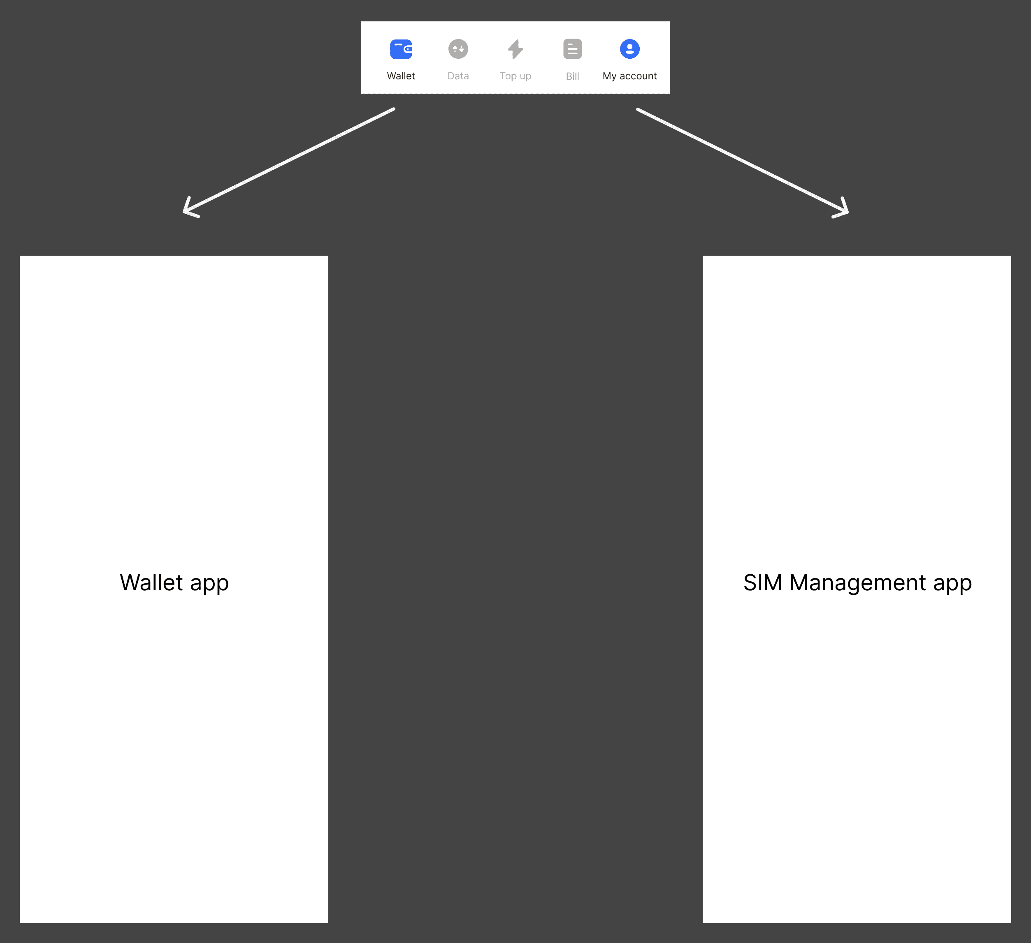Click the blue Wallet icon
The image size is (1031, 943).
[x=401, y=49]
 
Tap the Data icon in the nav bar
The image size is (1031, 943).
[x=458, y=49]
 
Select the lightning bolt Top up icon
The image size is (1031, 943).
[x=515, y=49]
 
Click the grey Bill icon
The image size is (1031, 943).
[x=572, y=49]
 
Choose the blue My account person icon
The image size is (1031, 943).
[x=629, y=49]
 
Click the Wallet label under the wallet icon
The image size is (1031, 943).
[x=401, y=76]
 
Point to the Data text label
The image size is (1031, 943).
[x=458, y=76]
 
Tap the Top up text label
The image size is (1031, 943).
[x=515, y=76]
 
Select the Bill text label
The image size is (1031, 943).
[x=572, y=76]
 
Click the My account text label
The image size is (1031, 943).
[x=629, y=76]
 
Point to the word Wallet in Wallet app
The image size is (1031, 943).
[x=151, y=582]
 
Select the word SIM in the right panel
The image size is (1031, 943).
[x=762, y=582]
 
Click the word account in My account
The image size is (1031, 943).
[x=638, y=76]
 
